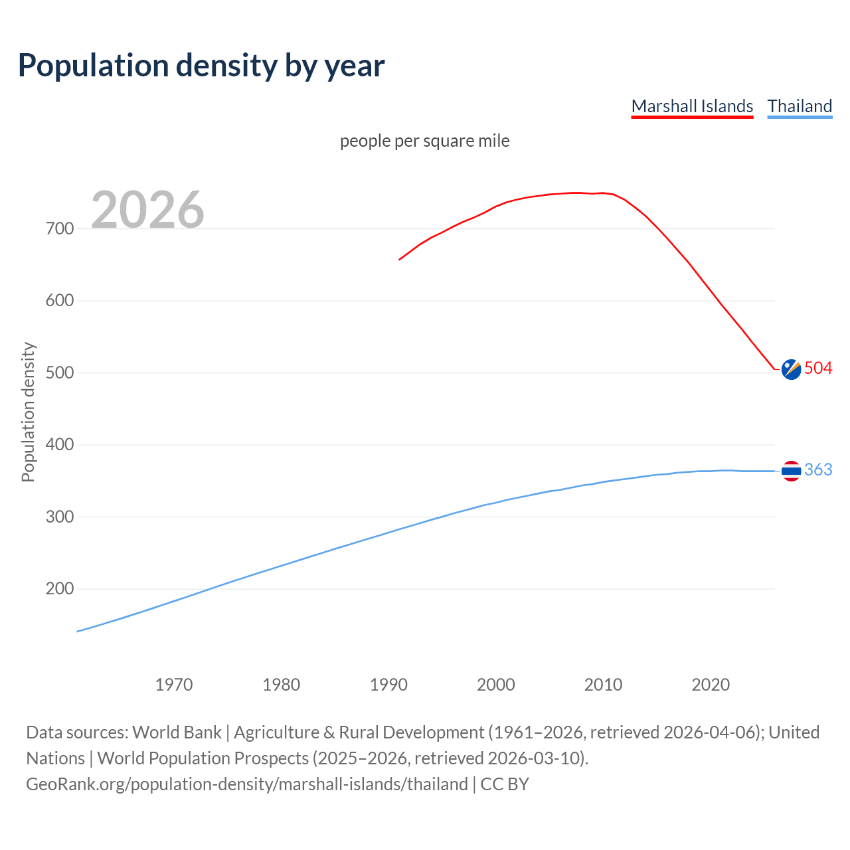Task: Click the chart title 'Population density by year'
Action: point(201,66)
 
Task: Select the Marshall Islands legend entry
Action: point(692,106)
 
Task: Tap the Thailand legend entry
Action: point(800,106)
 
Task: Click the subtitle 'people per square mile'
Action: point(424,141)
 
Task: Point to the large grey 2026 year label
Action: point(147,210)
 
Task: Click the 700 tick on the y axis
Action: point(60,228)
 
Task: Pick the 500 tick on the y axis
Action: point(60,373)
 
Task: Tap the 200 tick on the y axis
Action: point(60,589)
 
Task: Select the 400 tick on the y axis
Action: point(60,445)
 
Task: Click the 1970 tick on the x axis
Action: point(174,685)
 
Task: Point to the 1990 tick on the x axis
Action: point(388,685)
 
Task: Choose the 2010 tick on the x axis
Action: point(603,685)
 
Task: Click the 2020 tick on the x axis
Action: point(711,685)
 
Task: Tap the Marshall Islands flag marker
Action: point(791,369)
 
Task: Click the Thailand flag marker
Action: point(791,471)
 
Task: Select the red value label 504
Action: point(818,369)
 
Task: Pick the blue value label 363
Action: point(818,470)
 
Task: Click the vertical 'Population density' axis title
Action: point(28,412)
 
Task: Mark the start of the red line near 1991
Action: point(400,259)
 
